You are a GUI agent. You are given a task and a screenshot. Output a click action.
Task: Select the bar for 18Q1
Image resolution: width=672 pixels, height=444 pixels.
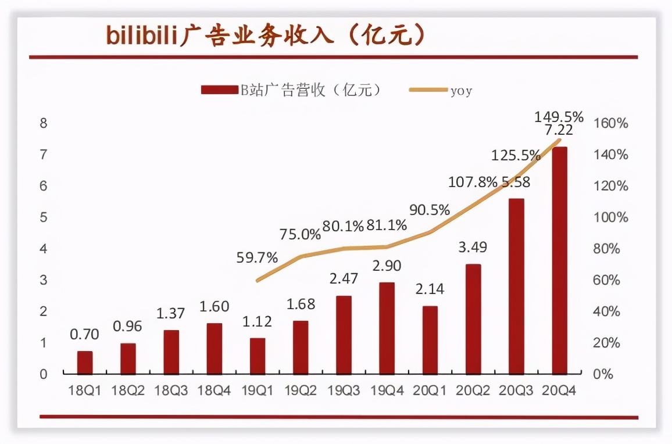[85, 363]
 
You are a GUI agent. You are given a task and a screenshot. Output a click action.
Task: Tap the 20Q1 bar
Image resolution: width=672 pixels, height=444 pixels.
[430, 340]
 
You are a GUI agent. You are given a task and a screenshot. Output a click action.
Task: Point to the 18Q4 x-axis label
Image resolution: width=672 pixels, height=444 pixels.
[214, 391]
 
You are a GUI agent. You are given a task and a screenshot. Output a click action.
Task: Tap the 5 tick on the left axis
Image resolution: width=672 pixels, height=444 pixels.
[43, 217]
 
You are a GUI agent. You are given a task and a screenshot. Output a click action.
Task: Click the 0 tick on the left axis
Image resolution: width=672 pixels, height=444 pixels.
[43, 374]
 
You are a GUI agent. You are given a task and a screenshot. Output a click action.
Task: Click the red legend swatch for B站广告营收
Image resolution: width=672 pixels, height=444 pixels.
[219, 89]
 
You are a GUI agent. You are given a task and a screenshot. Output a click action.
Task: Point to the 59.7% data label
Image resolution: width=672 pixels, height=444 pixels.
[257, 257]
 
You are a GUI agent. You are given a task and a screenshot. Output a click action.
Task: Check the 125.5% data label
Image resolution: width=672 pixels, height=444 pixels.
[515, 156]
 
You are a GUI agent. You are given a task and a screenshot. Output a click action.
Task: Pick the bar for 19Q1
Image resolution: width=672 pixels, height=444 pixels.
[257, 356]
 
